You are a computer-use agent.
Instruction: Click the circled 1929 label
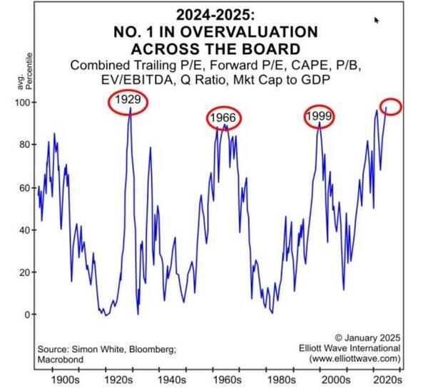tap(129, 103)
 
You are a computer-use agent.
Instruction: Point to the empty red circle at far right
tap(392, 107)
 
